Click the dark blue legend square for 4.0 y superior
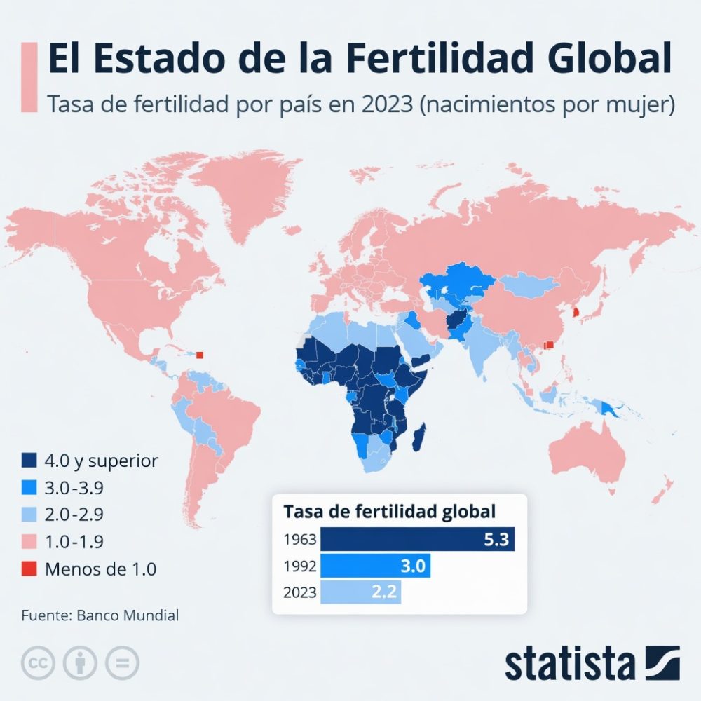[x=29, y=461]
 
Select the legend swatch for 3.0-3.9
[x=29, y=487]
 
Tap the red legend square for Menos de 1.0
[x=29, y=569]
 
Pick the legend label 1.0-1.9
[x=74, y=541]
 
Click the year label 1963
[x=299, y=540]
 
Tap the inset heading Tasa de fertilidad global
[x=389, y=511]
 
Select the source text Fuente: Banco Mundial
[x=100, y=615]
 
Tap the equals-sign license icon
[x=122, y=662]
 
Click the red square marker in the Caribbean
[x=200, y=355]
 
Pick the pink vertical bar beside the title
[x=29, y=76]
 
